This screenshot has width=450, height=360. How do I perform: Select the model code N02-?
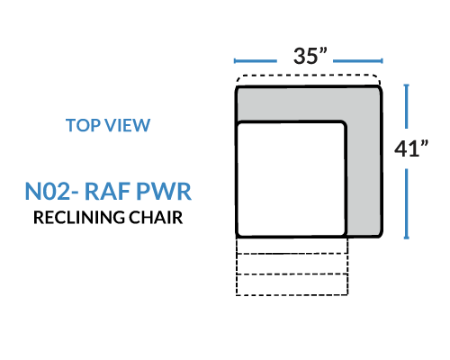(x=51, y=191)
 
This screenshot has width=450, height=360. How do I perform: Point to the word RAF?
(x=107, y=191)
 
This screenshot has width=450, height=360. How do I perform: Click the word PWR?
(x=164, y=191)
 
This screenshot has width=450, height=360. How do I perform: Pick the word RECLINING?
(x=78, y=217)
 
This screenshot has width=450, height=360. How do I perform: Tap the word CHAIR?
(x=156, y=217)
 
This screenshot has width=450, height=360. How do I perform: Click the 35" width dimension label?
(x=310, y=56)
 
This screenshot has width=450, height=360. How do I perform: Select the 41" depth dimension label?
(x=411, y=148)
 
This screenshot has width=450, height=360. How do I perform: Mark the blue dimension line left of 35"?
(x=256, y=61)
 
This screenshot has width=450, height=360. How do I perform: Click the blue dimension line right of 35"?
(x=358, y=61)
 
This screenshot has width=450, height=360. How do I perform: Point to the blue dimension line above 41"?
(x=406, y=106)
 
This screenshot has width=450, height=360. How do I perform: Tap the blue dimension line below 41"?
(x=406, y=204)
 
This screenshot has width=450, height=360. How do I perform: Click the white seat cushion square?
(x=291, y=179)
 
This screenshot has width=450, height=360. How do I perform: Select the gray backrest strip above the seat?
(x=308, y=103)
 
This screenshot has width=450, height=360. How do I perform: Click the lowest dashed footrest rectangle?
(x=292, y=284)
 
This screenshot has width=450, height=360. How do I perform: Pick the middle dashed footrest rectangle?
(x=292, y=264)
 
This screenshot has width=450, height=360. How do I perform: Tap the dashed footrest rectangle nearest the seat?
(x=292, y=246)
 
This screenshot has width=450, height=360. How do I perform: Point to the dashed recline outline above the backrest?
(x=308, y=75)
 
